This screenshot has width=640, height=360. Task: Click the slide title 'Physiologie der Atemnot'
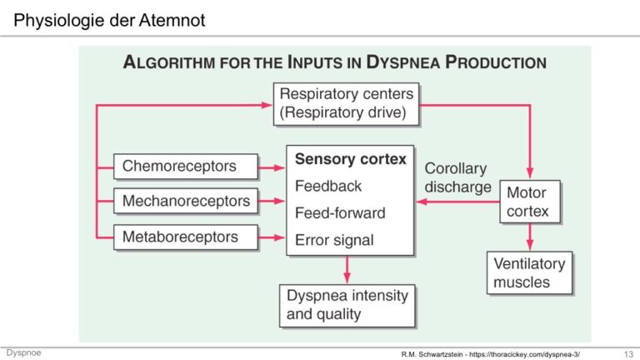(x=109, y=20)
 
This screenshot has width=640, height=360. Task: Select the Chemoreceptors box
(x=186, y=166)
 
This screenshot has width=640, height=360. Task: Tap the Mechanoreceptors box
(x=186, y=201)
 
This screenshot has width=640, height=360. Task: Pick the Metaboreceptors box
(x=186, y=237)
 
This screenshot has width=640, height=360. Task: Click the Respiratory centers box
(x=346, y=104)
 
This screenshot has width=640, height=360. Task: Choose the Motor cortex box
(x=530, y=202)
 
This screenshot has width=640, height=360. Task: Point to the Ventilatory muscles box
(x=529, y=272)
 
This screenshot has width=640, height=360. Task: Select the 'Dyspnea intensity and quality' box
(x=347, y=306)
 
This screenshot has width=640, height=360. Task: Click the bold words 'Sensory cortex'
(x=351, y=159)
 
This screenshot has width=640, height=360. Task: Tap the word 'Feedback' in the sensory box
(x=328, y=186)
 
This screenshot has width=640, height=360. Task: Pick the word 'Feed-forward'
(x=340, y=213)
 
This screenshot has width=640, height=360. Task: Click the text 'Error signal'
(x=334, y=240)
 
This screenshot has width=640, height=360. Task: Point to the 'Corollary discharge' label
(x=457, y=177)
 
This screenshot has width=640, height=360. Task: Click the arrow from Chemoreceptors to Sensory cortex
(x=272, y=167)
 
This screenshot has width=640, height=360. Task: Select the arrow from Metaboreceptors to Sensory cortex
(x=272, y=237)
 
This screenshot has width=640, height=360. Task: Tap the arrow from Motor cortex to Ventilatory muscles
(x=530, y=237)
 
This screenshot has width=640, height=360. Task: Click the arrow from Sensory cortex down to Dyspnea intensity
(x=347, y=270)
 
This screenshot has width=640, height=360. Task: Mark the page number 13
(x=628, y=354)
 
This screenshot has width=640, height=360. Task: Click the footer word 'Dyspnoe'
(x=23, y=352)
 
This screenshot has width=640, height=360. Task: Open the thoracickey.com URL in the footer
(x=524, y=354)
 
